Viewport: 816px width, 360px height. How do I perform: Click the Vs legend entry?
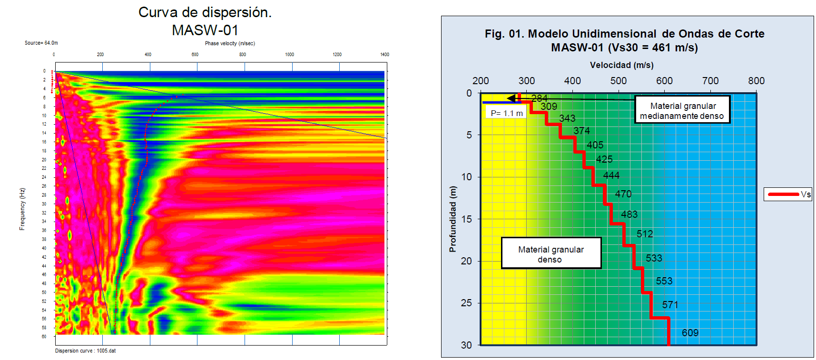(x=788, y=194)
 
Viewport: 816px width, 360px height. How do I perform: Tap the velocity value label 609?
(x=690, y=333)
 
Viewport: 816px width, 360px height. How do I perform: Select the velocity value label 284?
(x=539, y=98)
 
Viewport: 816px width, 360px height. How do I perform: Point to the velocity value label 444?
(x=611, y=175)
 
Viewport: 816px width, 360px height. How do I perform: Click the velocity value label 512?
(x=645, y=234)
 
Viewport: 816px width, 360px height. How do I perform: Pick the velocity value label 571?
(x=670, y=305)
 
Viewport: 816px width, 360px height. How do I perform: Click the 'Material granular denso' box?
(x=551, y=254)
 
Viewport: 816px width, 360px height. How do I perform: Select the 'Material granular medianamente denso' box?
(x=682, y=111)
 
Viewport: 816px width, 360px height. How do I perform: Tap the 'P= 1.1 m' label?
(x=507, y=113)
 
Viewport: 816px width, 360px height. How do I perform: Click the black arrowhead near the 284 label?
(x=511, y=98)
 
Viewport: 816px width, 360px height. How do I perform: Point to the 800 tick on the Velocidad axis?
(x=756, y=81)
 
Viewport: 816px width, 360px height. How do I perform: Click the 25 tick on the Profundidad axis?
(x=466, y=303)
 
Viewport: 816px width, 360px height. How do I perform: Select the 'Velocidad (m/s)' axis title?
(x=621, y=65)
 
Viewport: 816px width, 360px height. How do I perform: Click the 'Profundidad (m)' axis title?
(x=452, y=219)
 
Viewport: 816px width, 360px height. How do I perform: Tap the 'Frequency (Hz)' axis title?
(x=22, y=209)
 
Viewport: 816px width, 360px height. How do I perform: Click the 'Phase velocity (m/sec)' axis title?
(x=230, y=43)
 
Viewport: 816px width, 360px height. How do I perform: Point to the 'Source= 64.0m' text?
(x=41, y=43)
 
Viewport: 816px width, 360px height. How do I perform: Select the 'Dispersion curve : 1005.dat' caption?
(x=85, y=351)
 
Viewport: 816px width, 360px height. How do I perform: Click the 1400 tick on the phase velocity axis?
(x=384, y=55)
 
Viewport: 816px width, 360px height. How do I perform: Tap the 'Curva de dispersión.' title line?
(x=205, y=12)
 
